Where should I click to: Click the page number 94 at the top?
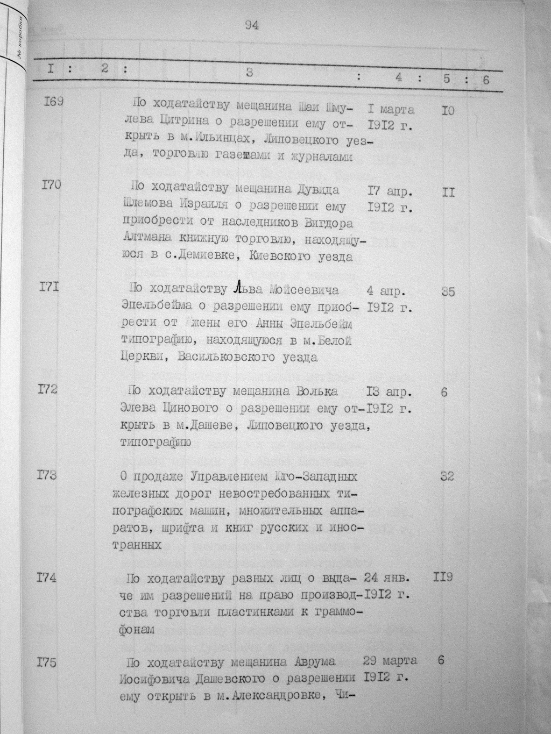252,25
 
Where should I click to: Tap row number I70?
51,186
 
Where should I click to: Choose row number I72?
48,389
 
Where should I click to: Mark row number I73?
47,475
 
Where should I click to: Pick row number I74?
47,579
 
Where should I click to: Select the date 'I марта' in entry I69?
391,110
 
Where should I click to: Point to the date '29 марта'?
390,660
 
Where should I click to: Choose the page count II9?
442,578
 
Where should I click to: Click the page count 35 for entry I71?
448,292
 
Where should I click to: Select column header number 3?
249,74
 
